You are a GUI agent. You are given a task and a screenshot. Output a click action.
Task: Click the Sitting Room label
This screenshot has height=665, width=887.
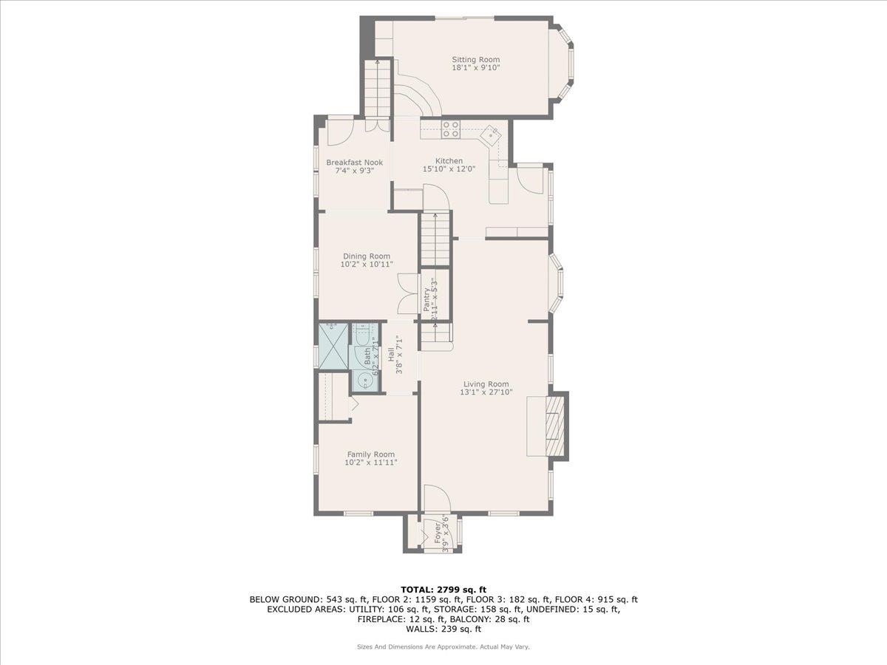[x=475, y=59]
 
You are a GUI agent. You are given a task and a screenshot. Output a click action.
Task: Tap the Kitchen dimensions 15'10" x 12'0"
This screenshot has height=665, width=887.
[x=449, y=169]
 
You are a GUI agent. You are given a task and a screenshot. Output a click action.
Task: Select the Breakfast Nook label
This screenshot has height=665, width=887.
[x=355, y=163]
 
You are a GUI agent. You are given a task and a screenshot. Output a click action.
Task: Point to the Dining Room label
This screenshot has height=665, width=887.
[x=367, y=256]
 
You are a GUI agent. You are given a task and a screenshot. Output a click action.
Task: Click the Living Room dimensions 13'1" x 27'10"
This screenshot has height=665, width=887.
[x=486, y=392]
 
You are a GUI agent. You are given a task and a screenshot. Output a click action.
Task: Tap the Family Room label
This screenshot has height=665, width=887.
[x=371, y=454]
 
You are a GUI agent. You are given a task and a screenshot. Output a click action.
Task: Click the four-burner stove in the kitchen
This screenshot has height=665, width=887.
[x=451, y=129]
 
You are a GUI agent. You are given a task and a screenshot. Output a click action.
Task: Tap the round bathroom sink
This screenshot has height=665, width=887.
[x=364, y=381]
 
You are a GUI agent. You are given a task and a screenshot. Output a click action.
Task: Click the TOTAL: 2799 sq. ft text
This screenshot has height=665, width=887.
[x=443, y=589]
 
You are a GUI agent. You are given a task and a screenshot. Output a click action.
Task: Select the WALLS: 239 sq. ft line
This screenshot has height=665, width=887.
[x=443, y=629]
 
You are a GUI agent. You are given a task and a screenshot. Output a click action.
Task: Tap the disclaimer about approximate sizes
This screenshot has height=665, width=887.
[x=443, y=647]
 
